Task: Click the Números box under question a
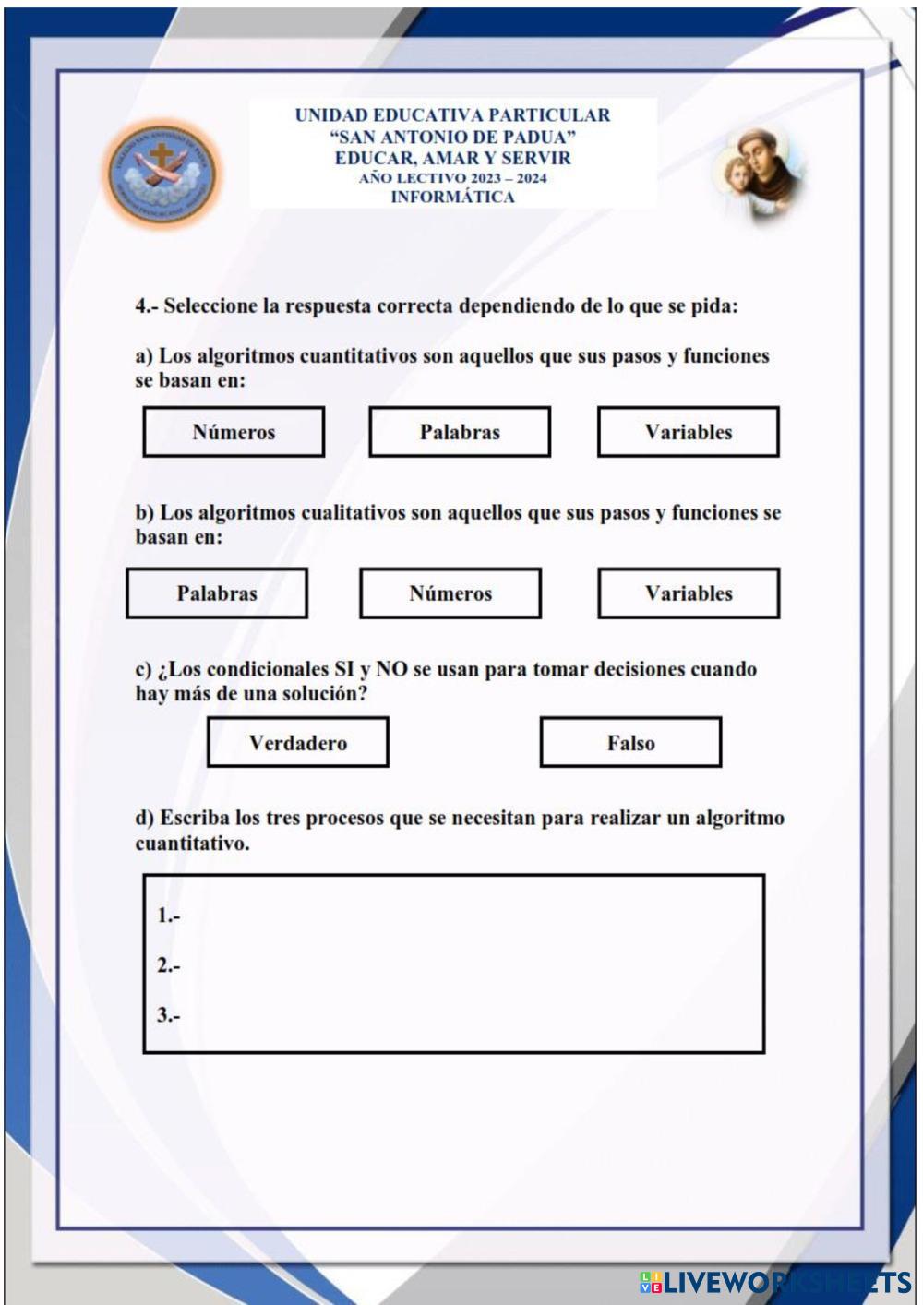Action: pyautogui.click(x=234, y=432)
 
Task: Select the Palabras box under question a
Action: pyautogui.click(x=460, y=432)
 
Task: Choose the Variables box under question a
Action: pyautogui.click(x=689, y=432)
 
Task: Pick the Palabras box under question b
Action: pyautogui.click(x=217, y=593)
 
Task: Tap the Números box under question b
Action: pyautogui.click(x=450, y=593)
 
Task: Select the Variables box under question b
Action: pyautogui.click(x=689, y=593)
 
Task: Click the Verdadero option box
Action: pyautogui.click(x=298, y=743)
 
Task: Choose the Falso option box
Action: pyautogui.click(x=631, y=743)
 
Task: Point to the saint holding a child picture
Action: pyautogui.click(x=759, y=174)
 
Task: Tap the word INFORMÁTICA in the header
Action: pyautogui.click(x=452, y=197)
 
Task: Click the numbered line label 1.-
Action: pyautogui.click(x=168, y=916)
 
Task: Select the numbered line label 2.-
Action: pyautogui.click(x=168, y=966)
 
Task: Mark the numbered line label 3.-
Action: pyautogui.click(x=168, y=1016)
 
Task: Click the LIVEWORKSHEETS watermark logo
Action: pyautogui.click(x=775, y=1282)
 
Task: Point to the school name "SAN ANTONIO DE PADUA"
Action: pyautogui.click(x=452, y=137)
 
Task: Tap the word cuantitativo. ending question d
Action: pyautogui.click(x=192, y=844)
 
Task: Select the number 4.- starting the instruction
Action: pyautogui.click(x=147, y=306)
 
